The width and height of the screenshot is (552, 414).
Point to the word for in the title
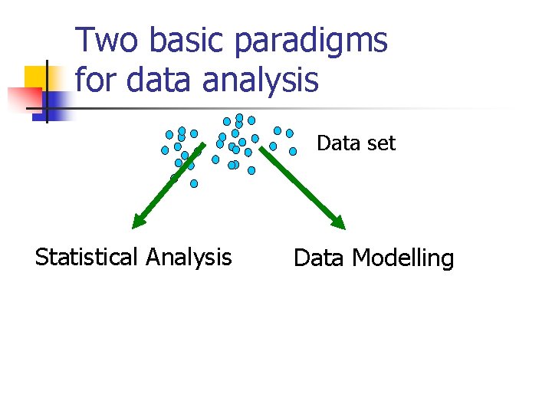[x=97, y=79]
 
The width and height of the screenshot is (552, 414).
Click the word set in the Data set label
[x=380, y=143]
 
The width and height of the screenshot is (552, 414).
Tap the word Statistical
[x=86, y=257]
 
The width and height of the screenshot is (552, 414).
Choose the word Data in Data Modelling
[x=319, y=258]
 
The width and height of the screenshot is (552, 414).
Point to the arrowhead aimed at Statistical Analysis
[x=138, y=222]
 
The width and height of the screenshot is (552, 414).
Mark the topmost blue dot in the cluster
[x=239, y=118]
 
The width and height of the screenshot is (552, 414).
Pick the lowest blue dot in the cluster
[x=194, y=183]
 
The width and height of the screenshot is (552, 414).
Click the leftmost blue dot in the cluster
[x=165, y=150]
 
